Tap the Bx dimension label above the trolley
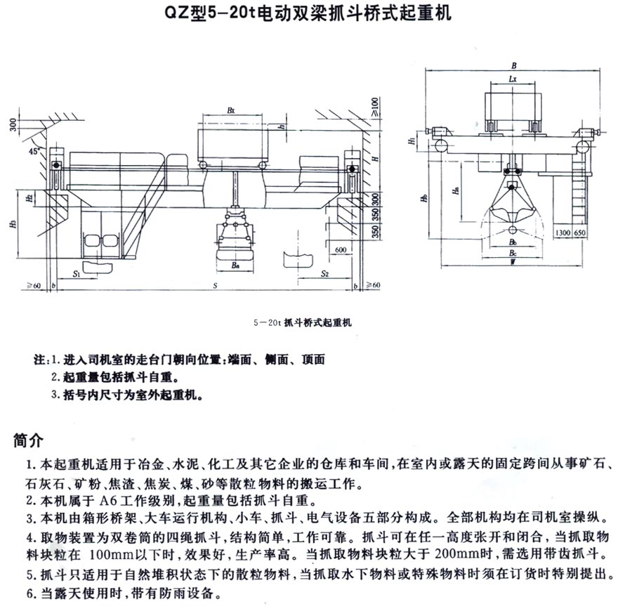[x=232, y=110]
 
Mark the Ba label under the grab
[x=235, y=266]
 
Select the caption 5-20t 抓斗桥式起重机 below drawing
[x=300, y=323]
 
